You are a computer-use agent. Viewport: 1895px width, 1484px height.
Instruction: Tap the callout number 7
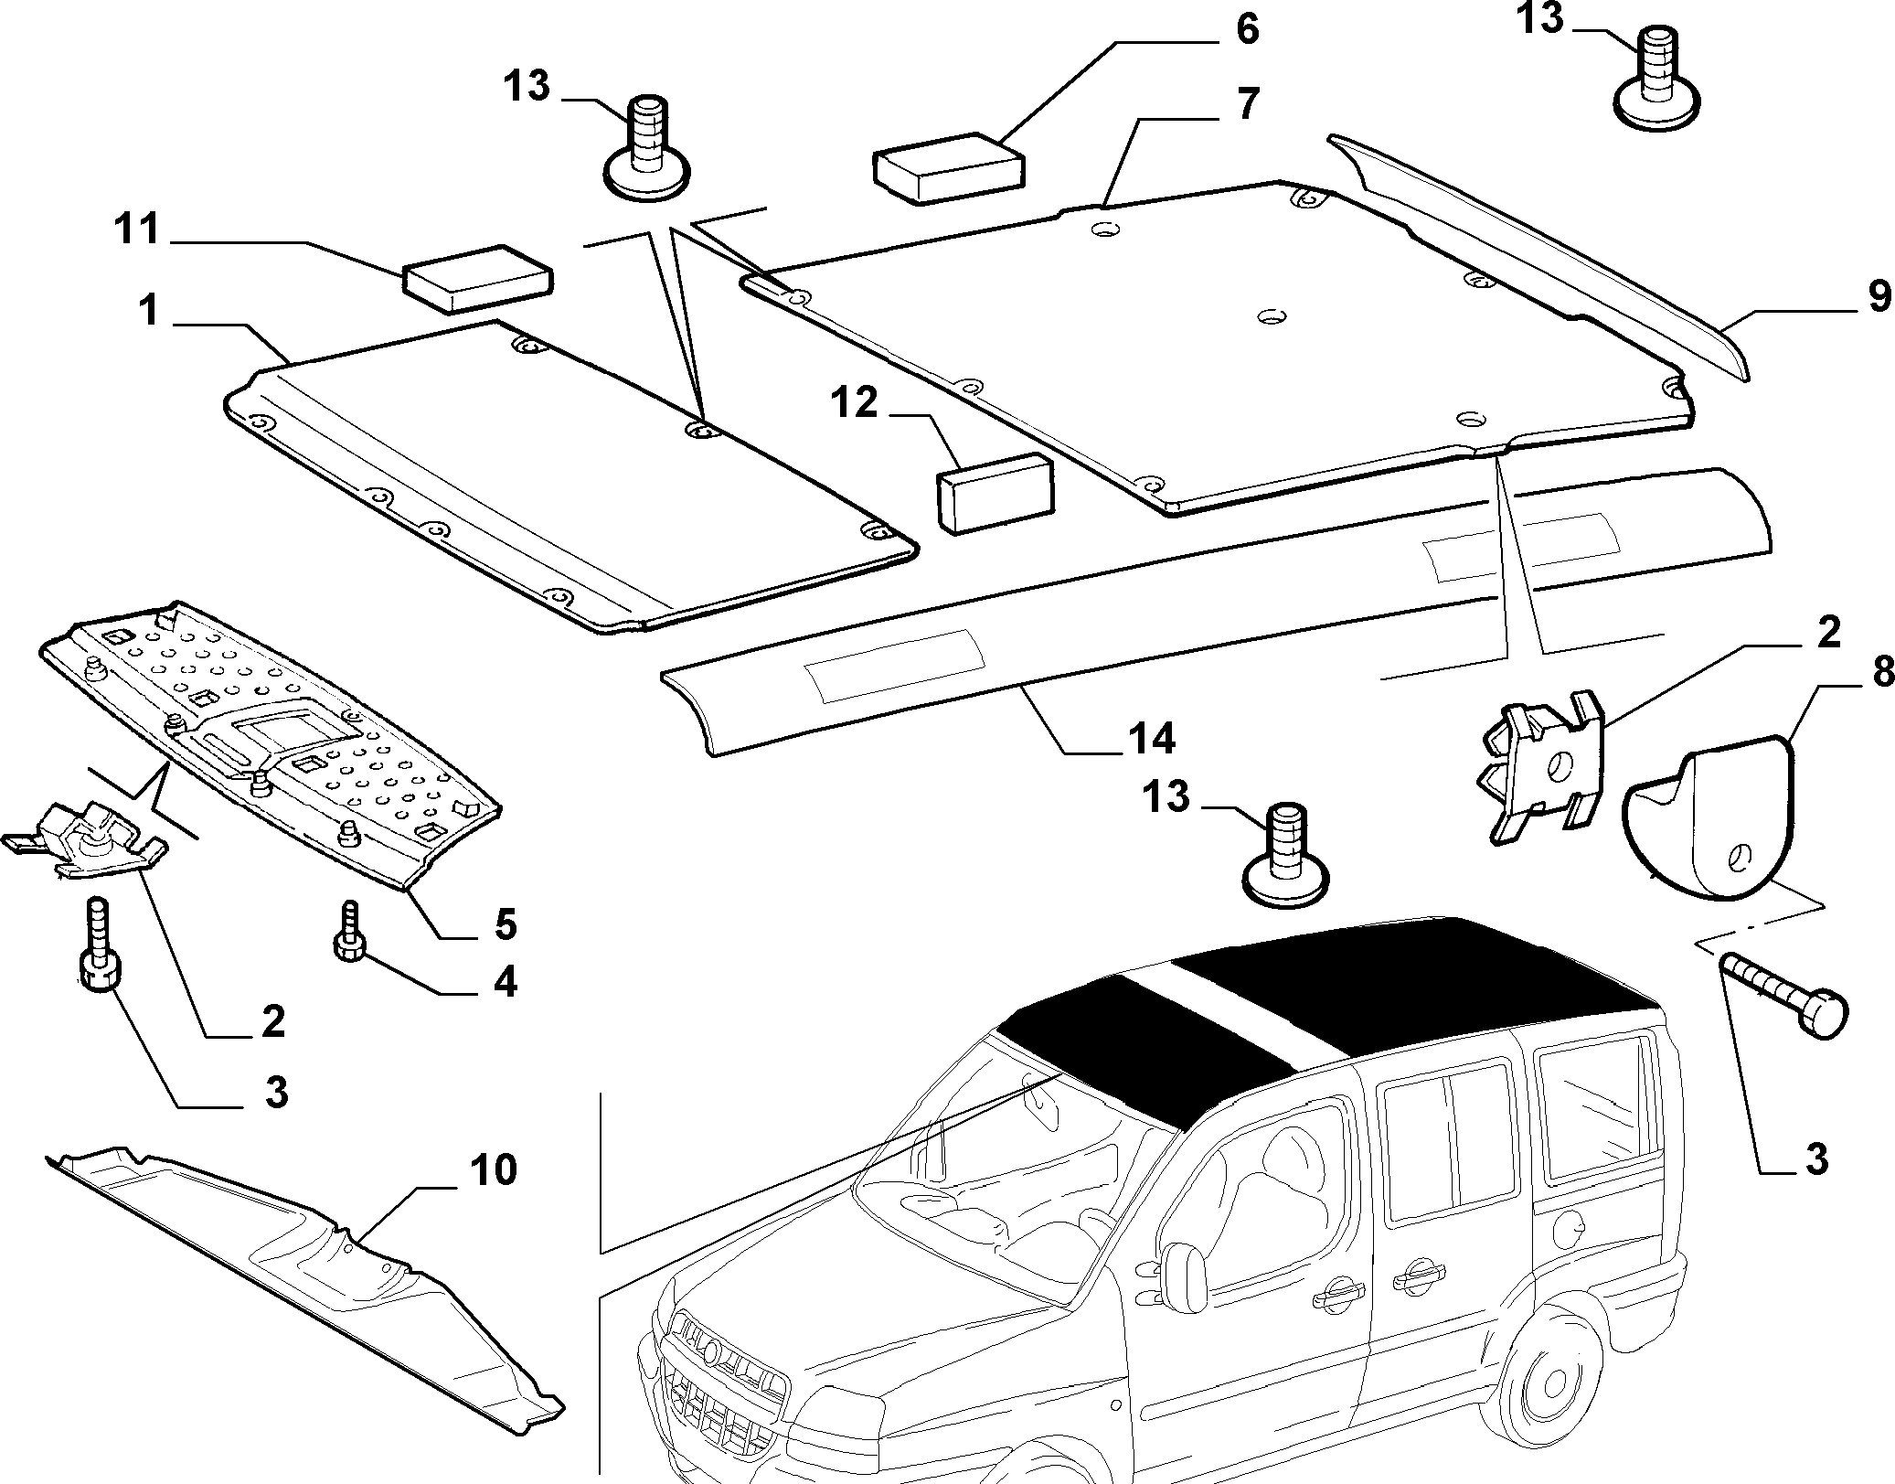point(1248,104)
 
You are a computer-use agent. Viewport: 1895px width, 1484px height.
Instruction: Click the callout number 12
point(854,402)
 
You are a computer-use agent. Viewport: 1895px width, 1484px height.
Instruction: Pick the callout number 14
point(1151,738)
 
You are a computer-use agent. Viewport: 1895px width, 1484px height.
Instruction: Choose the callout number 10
point(493,1169)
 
